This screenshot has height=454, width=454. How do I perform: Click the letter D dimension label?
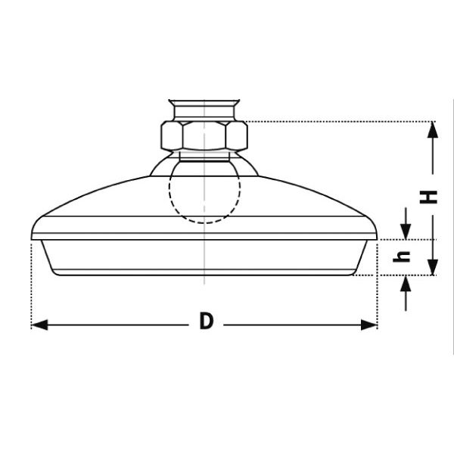(206, 321)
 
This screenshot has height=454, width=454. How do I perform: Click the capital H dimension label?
(428, 197)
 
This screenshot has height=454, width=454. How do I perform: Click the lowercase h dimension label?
(401, 257)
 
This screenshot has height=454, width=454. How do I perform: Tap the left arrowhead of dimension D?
(39, 325)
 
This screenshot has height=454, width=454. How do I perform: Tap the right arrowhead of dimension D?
(369, 325)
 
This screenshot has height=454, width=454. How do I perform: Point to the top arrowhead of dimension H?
(433, 130)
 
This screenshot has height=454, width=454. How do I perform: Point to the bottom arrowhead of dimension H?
(433, 267)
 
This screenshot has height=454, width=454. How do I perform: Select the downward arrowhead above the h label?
(406, 232)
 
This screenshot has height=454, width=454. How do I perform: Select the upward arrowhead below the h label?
(406, 284)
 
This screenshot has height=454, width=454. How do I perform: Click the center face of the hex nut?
(204, 135)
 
